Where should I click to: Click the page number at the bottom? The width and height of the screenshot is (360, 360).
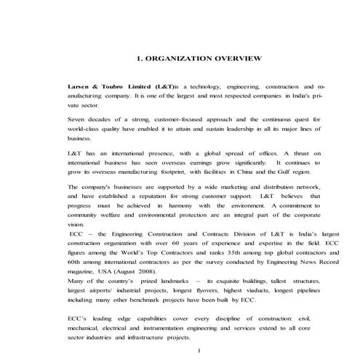tap(199, 351)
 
